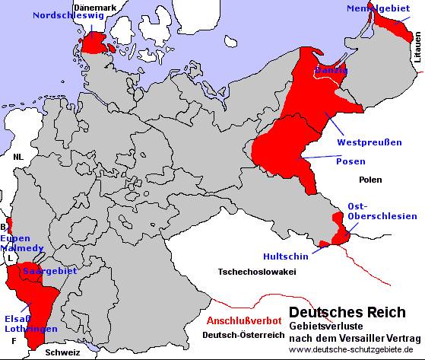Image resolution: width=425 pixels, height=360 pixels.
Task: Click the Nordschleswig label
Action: [62, 14]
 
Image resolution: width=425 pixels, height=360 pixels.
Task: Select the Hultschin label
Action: [285, 256]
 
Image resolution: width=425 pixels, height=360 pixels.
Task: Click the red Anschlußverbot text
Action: [244, 320]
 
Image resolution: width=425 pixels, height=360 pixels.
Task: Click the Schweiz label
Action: [62, 353]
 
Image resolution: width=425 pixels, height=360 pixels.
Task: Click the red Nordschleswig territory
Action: [95, 44]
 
